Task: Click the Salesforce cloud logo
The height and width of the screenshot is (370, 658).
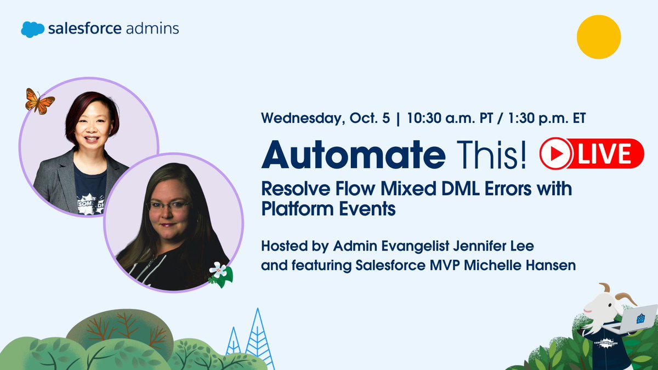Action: coord(32,29)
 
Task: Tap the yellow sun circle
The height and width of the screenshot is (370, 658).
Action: coord(598,37)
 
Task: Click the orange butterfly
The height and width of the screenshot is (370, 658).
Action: coord(39,101)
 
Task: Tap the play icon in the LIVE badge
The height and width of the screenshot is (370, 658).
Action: coord(555,153)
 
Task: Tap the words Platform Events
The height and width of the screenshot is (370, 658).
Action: coord(328,209)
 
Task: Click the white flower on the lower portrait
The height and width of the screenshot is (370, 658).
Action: coord(218,270)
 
